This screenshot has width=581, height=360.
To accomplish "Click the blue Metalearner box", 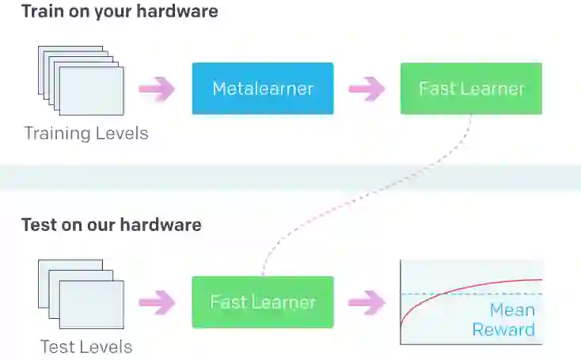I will coord(263,89).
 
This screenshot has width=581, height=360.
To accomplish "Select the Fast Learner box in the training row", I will coord(471,89).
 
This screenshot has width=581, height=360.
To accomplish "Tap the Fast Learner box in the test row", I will coord(263,301).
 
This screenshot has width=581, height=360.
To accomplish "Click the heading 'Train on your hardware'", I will coord(120,12).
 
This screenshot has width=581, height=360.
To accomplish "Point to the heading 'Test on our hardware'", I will coord(111,225).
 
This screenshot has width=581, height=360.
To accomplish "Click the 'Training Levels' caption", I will coord(86,133).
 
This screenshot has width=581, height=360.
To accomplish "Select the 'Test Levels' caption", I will coord(86,347).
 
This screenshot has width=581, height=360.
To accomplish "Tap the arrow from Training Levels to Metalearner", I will coord(157,89).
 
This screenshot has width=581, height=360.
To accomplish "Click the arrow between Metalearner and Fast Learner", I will coord(366,89).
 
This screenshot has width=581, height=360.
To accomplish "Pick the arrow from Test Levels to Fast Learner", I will coord(157,301).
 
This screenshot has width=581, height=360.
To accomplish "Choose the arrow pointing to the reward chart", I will coord(366,301).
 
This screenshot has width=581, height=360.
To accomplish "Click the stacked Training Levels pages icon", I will coord(82,78).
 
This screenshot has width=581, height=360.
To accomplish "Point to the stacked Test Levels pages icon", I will coord(82,293).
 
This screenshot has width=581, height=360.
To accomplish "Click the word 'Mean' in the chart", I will coord(512,310).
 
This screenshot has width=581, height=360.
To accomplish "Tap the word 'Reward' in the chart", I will coord(503,329).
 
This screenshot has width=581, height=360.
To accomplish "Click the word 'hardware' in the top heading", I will coord(180,12).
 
